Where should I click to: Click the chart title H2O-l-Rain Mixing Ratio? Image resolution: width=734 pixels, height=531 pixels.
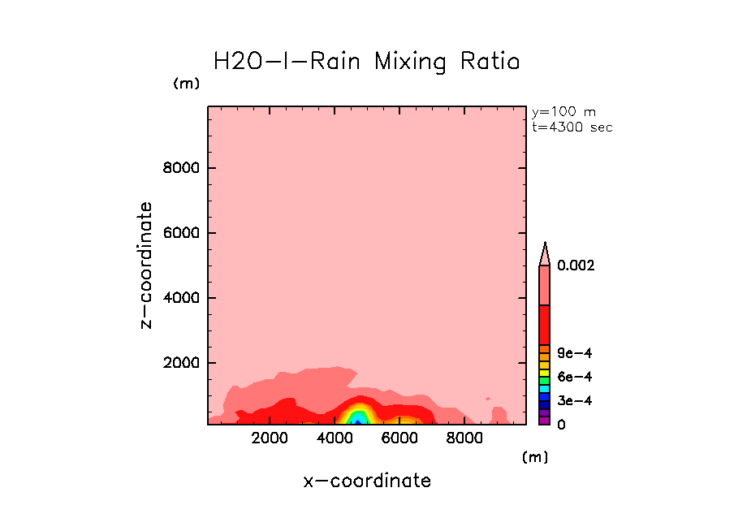[x=365, y=62]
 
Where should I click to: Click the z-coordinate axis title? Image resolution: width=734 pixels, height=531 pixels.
[x=147, y=265]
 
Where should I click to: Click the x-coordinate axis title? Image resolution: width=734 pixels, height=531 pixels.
[x=367, y=481]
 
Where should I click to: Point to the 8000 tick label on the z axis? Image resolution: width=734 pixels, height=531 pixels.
[x=183, y=169]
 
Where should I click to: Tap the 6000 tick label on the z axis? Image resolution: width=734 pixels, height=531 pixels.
[x=183, y=234]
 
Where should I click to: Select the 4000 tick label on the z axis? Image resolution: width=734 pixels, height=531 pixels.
[x=183, y=298]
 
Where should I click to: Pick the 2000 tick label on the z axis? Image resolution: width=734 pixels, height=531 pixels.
[x=183, y=363]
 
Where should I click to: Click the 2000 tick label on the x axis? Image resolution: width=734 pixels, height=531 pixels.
[x=270, y=438]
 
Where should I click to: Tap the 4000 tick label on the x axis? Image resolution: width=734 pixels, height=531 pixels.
[x=335, y=438]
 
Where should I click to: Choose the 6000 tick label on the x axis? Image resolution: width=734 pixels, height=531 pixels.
[x=399, y=438]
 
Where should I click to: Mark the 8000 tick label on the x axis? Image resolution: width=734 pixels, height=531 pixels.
[x=463, y=438]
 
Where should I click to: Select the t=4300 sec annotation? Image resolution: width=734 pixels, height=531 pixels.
[x=572, y=127]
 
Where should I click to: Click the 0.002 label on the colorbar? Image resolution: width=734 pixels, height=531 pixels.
[x=576, y=265]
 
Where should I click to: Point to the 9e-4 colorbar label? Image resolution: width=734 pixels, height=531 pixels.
[x=574, y=353]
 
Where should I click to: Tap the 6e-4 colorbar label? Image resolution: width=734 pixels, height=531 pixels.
[x=574, y=377]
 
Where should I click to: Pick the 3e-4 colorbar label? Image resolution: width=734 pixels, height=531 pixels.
[x=574, y=401]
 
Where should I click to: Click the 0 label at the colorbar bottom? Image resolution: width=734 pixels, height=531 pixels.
[x=561, y=425]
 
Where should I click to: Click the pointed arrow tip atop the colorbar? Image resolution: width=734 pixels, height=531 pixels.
[x=546, y=245]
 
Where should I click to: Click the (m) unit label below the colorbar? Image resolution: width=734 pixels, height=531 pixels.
[x=535, y=457]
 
